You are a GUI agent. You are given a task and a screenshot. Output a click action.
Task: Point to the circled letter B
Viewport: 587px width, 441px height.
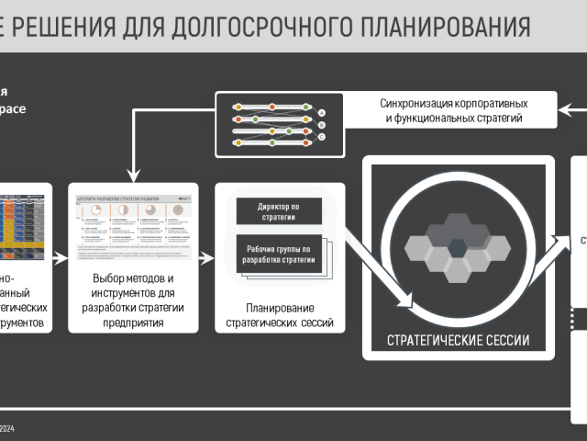coord(322,125)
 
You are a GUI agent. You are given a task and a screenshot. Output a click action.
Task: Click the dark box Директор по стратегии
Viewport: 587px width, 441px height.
coord(280,210)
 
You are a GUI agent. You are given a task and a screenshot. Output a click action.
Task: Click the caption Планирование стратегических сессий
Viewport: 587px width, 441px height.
coord(281,315)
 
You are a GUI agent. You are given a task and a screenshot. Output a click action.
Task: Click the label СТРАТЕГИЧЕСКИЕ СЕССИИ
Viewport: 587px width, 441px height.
coord(458,340)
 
